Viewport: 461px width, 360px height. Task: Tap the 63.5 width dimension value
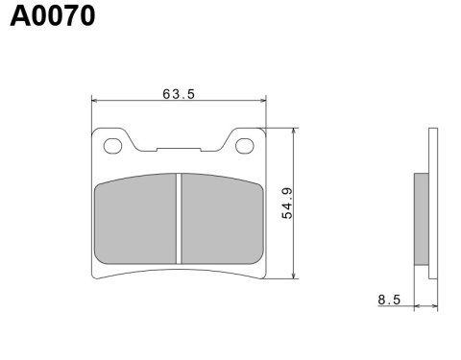click(179, 94)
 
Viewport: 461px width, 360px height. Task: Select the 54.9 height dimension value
click(287, 203)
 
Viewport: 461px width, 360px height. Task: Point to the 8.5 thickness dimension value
click(388, 300)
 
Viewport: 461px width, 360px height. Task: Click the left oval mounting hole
click(113, 146)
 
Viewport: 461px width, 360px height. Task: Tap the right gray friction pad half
click(222, 218)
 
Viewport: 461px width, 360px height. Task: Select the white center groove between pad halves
click(179, 218)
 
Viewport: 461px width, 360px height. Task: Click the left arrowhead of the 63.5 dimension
click(95, 99)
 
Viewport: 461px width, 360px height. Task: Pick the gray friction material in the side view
click(420, 218)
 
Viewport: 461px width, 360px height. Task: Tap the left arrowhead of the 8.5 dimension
click(416, 307)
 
